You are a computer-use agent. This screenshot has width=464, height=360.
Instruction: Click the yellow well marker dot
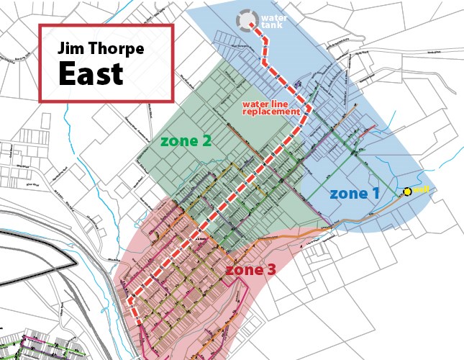tap(407, 192)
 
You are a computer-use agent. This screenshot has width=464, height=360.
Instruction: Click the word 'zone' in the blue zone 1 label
tap(348, 193)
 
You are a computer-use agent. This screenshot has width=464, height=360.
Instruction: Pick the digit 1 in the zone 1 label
tap(376, 193)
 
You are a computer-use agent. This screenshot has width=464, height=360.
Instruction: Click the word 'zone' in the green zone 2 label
tap(178, 141)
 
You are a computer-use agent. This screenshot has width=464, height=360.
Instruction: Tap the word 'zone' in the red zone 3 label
tap(244, 270)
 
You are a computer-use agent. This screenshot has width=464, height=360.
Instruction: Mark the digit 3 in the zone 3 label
tap(271, 270)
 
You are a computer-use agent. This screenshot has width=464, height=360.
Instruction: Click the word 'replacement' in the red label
tap(270, 112)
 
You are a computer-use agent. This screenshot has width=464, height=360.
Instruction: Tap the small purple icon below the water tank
tap(299, 85)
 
